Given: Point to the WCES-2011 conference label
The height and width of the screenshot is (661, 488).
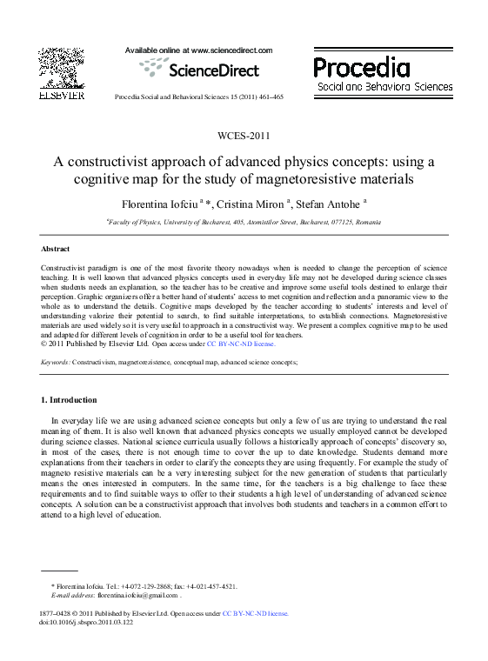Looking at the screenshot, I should pos(244,137).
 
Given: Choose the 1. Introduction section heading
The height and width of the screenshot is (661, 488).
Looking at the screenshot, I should pos(69,400).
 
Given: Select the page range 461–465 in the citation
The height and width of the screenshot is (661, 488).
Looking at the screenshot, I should pos(268,97).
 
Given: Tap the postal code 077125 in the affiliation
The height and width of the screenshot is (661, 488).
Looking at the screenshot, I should pos(340,223).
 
